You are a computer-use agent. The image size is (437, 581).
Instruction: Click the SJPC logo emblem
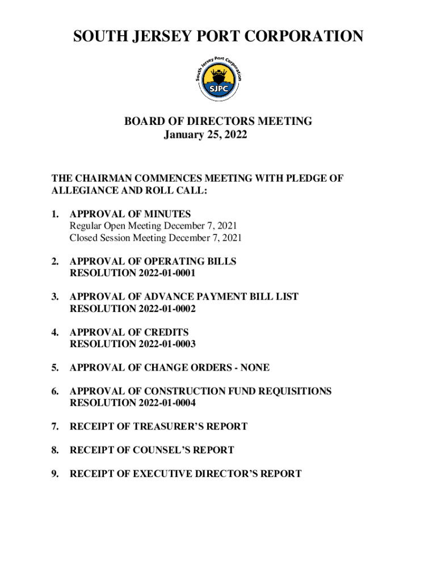(x=218, y=79)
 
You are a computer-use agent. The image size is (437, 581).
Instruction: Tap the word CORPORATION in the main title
(x=306, y=37)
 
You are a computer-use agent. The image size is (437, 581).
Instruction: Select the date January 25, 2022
(x=205, y=135)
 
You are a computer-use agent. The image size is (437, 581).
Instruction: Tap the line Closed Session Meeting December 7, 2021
(x=156, y=238)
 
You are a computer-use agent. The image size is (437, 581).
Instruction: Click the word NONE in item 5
(x=255, y=368)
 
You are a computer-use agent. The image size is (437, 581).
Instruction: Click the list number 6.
(x=54, y=391)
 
